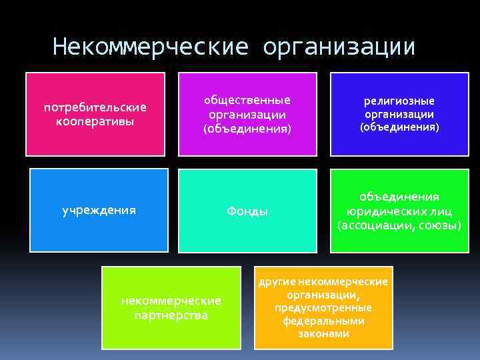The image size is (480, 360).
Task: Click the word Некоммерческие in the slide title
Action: pyautogui.click(x=150, y=47)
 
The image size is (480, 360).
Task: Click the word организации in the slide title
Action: pyautogui.click(x=339, y=47)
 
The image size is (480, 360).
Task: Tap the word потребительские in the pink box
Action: pyautogui.click(x=95, y=107)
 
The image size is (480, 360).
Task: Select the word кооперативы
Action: pyautogui.click(x=95, y=121)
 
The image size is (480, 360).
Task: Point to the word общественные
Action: pyautogui.click(x=247, y=100)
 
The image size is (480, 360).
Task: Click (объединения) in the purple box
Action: pyautogui.click(x=247, y=129)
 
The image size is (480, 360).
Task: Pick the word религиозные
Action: pyautogui.click(x=399, y=101)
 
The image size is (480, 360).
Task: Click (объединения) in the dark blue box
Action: pyautogui.click(x=399, y=127)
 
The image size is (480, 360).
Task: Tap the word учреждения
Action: pyautogui.click(x=99, y=210)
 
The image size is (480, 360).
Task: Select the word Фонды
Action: pyautogui.click(x=247, y=211)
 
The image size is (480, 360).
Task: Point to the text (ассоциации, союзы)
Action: pyautogui.click(x=399, y=225)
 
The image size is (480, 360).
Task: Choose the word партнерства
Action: pyautogui.click(x=171, y=315)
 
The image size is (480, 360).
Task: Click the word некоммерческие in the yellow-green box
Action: pyautogui.click(x=171, y=301)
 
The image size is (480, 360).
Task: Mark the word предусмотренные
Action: pyautogui.click(x=323, y=307)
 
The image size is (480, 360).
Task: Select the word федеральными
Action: pyautogui.click(x=323, y=321)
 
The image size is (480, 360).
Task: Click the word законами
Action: pyautogui.click(x=323, y=333)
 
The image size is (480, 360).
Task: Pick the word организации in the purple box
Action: pyautogui.click(x=247, y=115)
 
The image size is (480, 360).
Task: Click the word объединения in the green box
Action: pyautogui.click(x=399, y=197)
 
